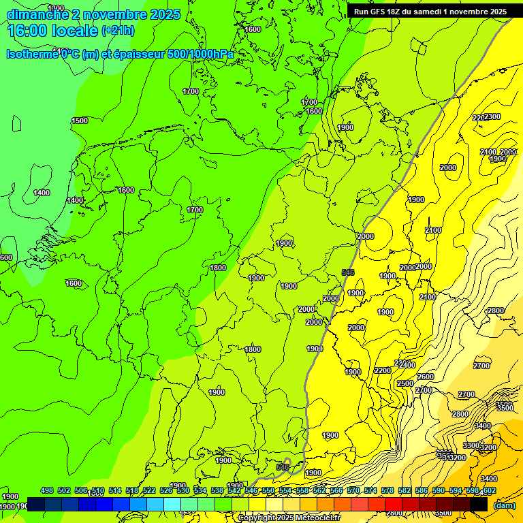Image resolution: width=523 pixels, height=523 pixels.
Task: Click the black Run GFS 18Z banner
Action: pyautogui.click(x=430, y=11)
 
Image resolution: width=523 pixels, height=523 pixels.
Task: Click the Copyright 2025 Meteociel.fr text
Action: pyautogui.click(x=289, y=518)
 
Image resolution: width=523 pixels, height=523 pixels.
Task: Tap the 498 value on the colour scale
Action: pyautogui.click(x=47, y=491)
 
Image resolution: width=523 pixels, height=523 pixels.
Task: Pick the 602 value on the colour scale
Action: pyautogui.click(x=489, y=491)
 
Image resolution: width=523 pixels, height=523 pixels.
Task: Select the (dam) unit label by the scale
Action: pyautogui.click(x=505, y=505)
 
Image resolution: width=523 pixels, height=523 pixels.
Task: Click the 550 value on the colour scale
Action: pyautogui.click(x=268, y=491)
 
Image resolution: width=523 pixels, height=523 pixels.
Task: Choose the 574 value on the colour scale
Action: pyautogui.click(x=370, y=491)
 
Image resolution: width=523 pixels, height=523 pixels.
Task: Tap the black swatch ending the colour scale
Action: pyautogui.click(x=479, y=505)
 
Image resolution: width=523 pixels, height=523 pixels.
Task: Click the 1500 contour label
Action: pyautogui.click(x=80, y=121)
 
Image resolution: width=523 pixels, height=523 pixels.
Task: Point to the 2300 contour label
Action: pyautogui.click(x=492, y=116)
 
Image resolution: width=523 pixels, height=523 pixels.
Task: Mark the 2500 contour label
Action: pyautogui.click(x=405, y=383)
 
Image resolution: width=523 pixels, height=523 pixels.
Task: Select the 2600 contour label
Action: pyautogui.click(x=426, y=377)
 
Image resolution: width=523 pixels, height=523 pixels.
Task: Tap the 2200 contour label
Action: pyautogui.click(x=383, y=370)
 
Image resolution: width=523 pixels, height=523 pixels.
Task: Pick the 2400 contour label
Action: pyautogui.click(x=407, y=366)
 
